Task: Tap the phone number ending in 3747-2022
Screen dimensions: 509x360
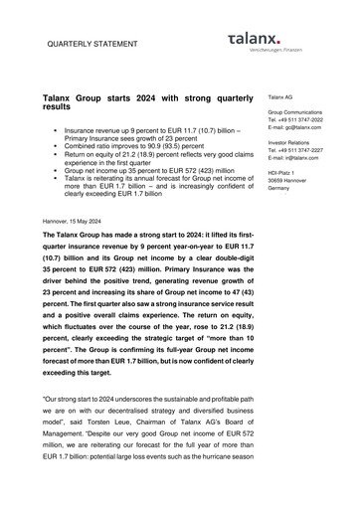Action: coord(299,120)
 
